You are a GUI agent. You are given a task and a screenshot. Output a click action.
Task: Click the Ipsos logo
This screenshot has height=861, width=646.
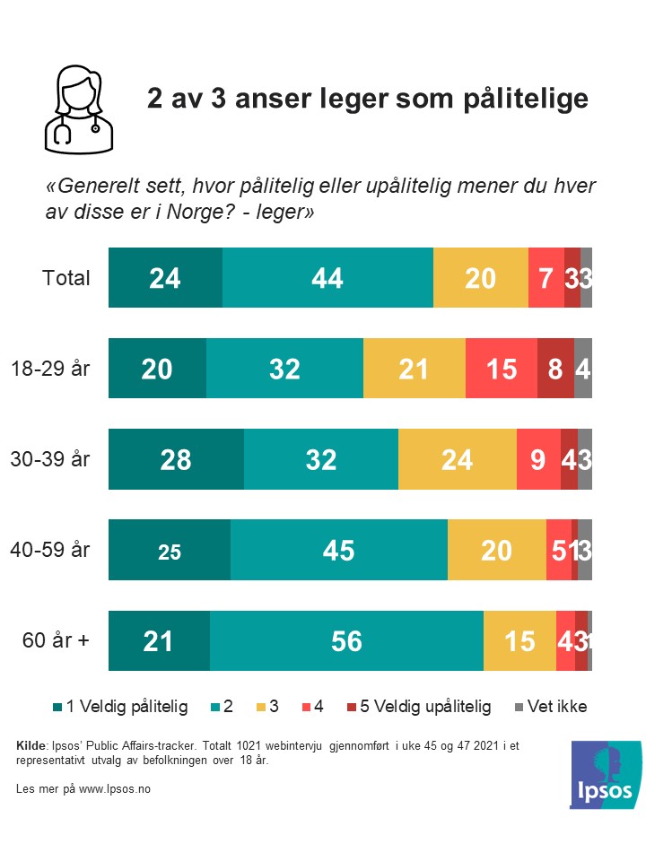(606, 772)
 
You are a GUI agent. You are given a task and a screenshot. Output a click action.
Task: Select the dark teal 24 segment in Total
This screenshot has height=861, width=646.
(165, 278)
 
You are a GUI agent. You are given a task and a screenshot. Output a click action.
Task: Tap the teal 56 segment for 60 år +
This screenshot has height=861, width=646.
(346, 640)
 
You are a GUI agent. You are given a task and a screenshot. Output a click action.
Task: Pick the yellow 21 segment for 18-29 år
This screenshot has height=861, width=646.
(415, 369)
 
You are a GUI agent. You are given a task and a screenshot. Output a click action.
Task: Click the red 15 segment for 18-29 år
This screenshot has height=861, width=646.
(501, 369)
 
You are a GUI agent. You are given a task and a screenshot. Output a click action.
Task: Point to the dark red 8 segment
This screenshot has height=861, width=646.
(555, 369)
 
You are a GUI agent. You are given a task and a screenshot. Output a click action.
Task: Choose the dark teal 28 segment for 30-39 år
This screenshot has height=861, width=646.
(176, 459)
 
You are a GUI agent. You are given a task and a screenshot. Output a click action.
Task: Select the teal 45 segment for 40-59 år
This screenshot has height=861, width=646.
(339, 550)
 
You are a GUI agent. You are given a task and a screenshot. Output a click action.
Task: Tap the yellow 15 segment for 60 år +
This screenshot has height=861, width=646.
(519, 640)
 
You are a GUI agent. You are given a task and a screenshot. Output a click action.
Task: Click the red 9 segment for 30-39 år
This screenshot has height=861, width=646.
(538, 459)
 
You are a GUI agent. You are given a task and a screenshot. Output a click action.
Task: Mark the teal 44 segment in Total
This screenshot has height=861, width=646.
(327, 278)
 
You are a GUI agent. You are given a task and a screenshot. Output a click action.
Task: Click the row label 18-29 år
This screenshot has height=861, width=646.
(51, 368)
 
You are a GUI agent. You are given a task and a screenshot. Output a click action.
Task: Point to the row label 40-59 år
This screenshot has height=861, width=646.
(51, 549)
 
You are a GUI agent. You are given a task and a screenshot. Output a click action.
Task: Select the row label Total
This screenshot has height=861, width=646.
(66, 278)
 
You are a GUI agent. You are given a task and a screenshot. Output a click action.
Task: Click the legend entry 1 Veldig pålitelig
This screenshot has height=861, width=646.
(127, 707)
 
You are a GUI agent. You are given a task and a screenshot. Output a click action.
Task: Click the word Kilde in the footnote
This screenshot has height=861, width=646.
(32, 746)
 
